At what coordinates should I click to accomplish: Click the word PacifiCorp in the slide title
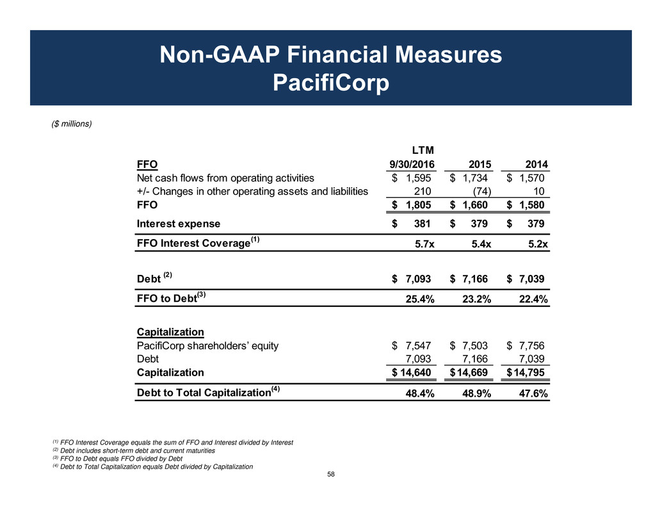[331, 82]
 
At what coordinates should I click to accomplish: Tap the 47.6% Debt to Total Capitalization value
[531, 393]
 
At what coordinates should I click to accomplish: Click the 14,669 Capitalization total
[475, 372]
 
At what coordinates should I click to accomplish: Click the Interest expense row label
[179, 224]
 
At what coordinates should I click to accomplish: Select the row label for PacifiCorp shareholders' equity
[208, 346]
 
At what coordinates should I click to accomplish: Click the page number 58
[331, 474]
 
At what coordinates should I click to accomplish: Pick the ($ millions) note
[71, 124]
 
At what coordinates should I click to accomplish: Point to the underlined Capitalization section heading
[170, 332]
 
